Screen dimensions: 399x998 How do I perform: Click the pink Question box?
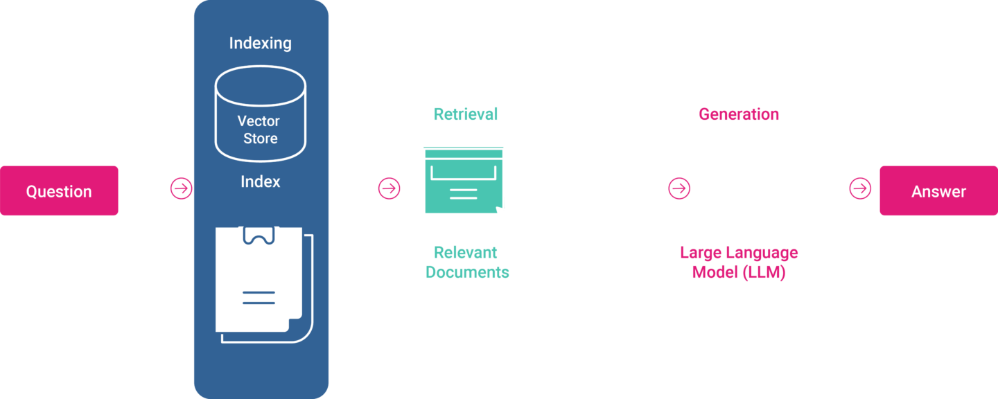(x=59, y=191)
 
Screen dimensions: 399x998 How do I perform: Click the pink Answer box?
(x=938, y=191)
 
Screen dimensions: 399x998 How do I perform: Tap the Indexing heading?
(x=261, y=43)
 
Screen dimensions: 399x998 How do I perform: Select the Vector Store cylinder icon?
(x=261, y=114)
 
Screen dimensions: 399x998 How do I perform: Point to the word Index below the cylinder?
(x=261, y=181)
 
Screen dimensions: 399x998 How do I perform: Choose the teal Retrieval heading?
(x=466, y=114)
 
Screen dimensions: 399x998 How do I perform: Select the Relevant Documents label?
(x=467, y=263)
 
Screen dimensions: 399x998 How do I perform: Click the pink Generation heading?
(x=739, y=114)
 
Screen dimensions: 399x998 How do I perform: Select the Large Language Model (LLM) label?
(x=739, y=263)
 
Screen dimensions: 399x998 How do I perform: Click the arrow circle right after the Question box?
(x=181, y=188)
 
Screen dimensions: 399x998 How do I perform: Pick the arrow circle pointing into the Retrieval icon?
(x=389, y=188)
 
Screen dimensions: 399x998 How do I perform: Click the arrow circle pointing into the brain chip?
(x=679, y=188)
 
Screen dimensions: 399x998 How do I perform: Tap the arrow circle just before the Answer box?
(x=860, y=188)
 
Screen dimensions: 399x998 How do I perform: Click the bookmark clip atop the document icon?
(x=259, y=236)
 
